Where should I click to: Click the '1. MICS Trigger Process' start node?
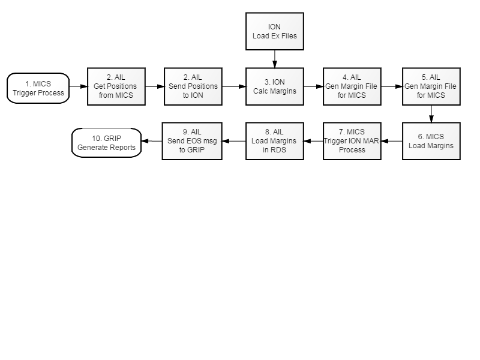click(38, 88)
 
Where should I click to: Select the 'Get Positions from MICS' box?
click(116, 86)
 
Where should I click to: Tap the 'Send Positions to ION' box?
click(193, 86)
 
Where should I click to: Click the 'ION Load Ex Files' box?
click(275, 31)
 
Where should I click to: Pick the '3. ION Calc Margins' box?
click(275, 86)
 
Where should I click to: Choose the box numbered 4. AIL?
click(352, 86)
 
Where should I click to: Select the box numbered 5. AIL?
click(431, 86)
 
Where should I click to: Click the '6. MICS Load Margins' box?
click(431, 141)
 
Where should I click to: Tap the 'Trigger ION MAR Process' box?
click(352, 141)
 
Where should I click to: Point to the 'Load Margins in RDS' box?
click(275, 141)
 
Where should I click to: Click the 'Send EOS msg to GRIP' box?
click(192, 141)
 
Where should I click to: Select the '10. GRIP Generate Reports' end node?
click(107, 143)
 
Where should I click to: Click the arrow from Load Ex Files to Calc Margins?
click(275, 59)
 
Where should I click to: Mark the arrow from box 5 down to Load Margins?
click(431, 114)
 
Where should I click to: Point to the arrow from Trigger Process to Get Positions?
click(79, 86)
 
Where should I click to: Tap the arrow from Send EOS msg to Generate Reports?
click(152, 141)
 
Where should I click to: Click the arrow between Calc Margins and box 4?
click(313, 86)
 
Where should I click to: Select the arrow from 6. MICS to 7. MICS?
click(392, 141)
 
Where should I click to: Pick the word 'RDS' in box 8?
click(279, 150)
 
